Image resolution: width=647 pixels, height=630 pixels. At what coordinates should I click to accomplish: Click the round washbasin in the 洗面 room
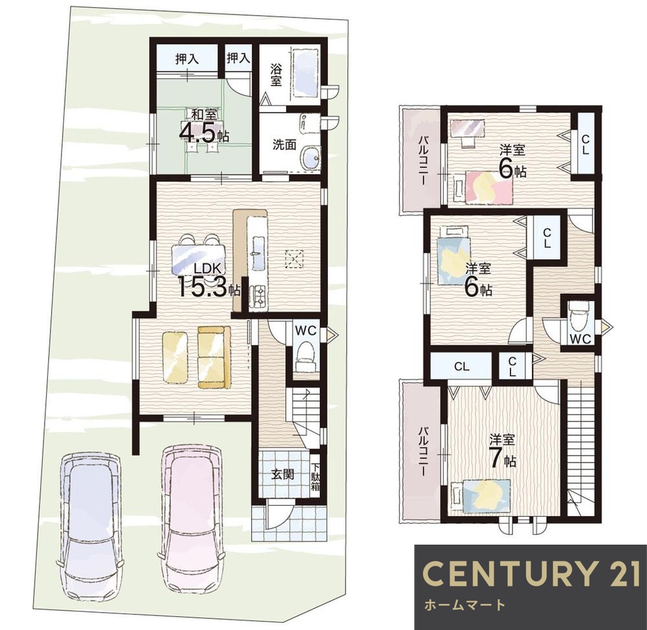[x=311, y=158]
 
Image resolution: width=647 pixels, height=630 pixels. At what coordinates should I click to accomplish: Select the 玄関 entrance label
[x=283, y=475]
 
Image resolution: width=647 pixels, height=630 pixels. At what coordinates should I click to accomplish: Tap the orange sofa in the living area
[x=214, y=357]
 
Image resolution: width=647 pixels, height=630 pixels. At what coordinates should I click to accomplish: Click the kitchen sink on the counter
[x=258, y=253]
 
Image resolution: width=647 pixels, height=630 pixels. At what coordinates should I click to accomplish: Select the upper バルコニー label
[x=422, y=160]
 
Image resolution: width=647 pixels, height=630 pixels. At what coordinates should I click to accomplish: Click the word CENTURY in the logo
[x=507, y=574]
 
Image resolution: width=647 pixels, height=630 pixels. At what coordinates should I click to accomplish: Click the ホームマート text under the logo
[x=465, y=605]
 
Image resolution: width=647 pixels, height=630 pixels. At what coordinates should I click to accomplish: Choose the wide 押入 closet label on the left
[x=188, y=59]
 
